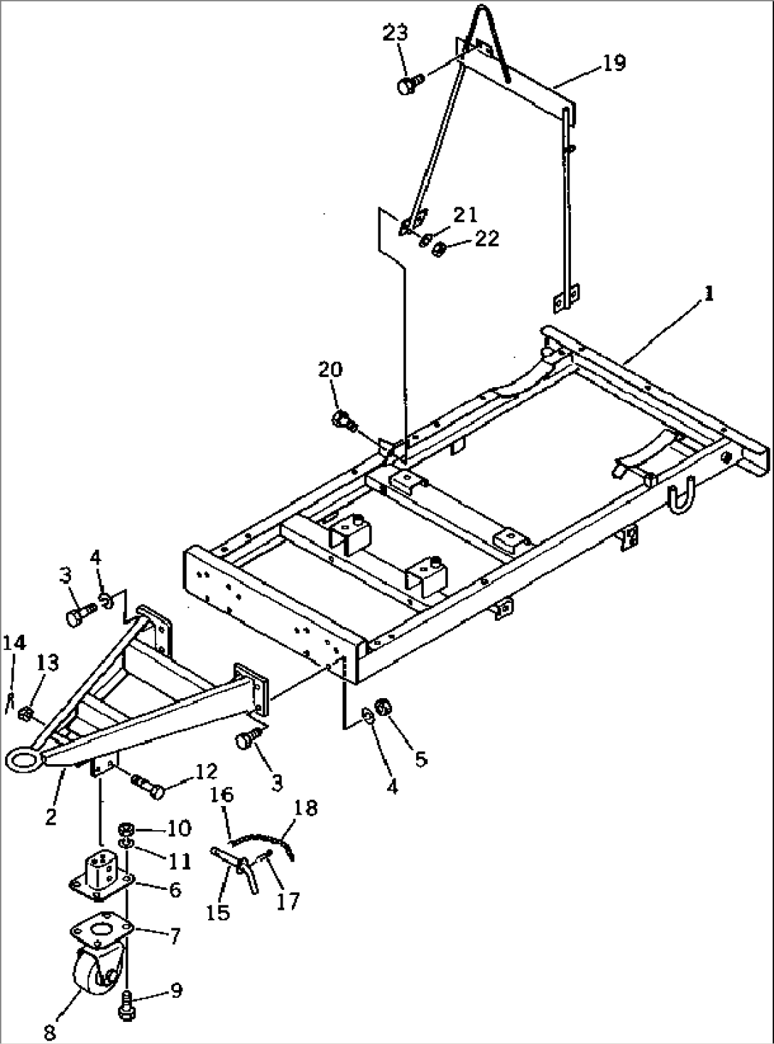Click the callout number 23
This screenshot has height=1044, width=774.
tap(395, 33)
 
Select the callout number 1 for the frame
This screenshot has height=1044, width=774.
tap(709, 294)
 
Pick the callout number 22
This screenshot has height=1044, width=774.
tap(487, 239)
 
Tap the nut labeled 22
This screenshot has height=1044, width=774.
tap(439, 248)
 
